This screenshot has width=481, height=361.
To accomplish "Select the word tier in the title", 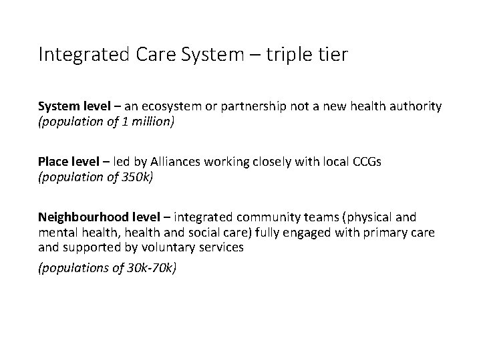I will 334,54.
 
